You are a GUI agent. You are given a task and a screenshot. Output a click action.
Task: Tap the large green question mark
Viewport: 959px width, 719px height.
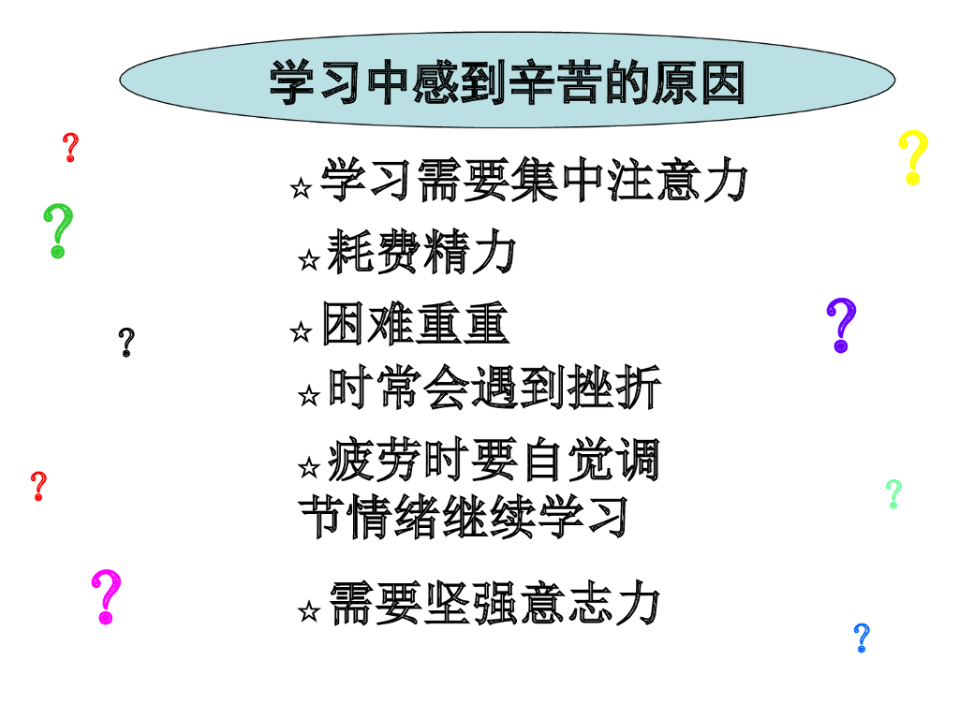coord(59,230)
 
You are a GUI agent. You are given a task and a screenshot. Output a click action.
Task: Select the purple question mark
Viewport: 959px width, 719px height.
coord(841,325)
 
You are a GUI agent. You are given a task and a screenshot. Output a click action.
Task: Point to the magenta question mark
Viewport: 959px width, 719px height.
coord(107,596)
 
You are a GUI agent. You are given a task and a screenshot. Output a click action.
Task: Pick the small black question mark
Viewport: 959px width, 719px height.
coord(126,343)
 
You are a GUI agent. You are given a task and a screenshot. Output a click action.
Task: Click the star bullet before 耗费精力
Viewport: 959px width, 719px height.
coord(308,260)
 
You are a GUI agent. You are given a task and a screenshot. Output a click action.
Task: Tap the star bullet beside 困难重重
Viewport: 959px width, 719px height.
coord(301,331)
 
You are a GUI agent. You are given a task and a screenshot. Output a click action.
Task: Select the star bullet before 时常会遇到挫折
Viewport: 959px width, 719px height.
coord(308,396)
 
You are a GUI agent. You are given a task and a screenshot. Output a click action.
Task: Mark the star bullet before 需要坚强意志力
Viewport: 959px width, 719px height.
coord(308,612)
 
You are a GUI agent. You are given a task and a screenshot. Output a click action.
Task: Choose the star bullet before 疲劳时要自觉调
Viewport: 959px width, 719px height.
coord(308,466)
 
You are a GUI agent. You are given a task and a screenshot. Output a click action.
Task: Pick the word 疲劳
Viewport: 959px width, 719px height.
coord(373,460)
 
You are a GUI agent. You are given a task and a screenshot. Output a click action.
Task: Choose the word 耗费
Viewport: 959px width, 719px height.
coord(373,253)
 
